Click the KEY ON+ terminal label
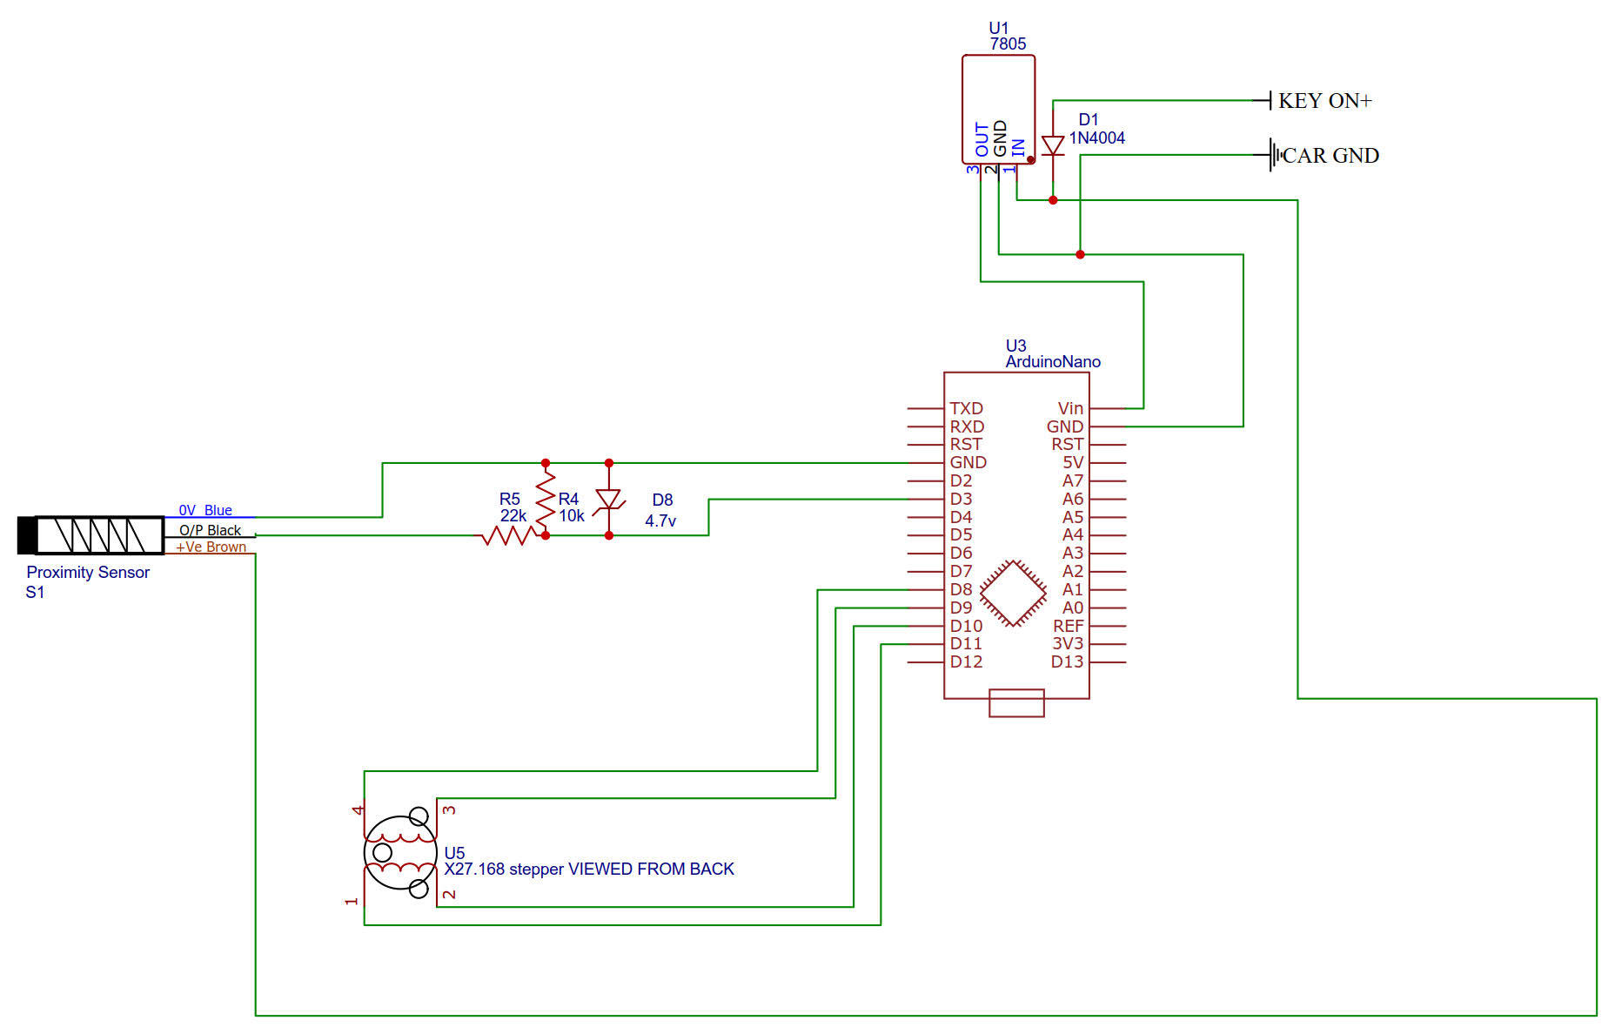point(1324,101)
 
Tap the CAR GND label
point(1330,156)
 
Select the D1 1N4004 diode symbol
point(1053,146)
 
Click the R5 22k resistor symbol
point(508,535)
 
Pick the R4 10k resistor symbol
point(546,500)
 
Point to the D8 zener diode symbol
point(608,500)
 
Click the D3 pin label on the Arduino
point(961,499)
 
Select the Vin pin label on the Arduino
point(1070,408)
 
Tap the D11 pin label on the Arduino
point(966,643)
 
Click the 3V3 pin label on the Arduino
point(1068,643)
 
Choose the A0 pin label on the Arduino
point(1073,608)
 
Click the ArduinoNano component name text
point(1053,361)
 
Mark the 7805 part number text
point(1008,44)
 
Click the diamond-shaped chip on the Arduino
point(1013,593)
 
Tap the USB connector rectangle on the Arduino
point(1016,703)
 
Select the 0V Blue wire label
point(205,510)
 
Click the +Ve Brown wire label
point(211,547)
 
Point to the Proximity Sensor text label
point(88,572)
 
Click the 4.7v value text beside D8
point(660,520)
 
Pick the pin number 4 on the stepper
point(357,809)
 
